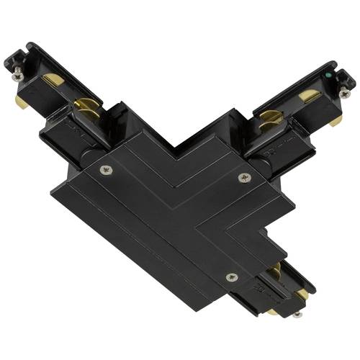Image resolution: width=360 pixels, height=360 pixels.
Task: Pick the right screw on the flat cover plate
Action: click(x=243, y=176)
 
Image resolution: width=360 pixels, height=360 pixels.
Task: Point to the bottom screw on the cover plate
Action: click(x=230, y=277)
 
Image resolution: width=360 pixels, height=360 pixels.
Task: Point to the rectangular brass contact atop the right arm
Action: click(x=307, y=95)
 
